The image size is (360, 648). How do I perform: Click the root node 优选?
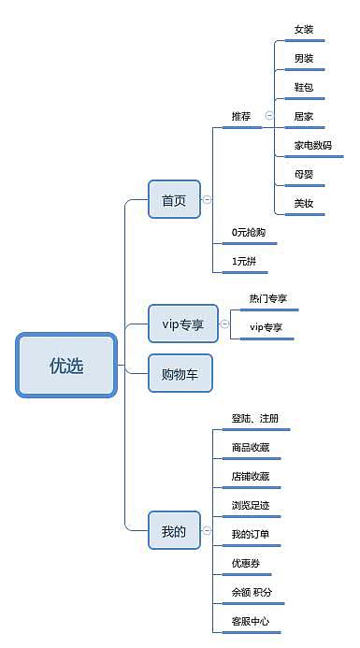coord(66,366)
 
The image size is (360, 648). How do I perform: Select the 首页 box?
coord(174,199)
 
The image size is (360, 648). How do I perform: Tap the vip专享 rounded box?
coord(182,324)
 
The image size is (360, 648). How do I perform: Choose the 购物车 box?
coord(180,373)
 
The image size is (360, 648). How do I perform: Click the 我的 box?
coord(174,531)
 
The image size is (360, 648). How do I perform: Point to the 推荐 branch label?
coord(241,116)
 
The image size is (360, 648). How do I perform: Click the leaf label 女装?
coord(304,30)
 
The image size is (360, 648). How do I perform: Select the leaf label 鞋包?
coord(304,87)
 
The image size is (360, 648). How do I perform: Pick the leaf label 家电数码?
coord(312,146)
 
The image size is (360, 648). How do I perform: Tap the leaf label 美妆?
coord(304,203)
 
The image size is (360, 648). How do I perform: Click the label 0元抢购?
coord(249,232)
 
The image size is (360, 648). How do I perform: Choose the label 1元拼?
coord(243,261)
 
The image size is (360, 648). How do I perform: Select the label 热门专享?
coord(267,298)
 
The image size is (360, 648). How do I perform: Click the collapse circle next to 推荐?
coord(269,116)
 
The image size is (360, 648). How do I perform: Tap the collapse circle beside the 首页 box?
coord(208,199)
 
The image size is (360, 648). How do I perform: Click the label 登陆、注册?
coord(255,418)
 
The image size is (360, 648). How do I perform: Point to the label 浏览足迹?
coord(251,505)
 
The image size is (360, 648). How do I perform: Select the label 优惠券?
coord(246,563)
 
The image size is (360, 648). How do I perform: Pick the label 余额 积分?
coord(252,592)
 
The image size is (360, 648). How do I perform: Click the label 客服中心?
coord(251,621)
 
